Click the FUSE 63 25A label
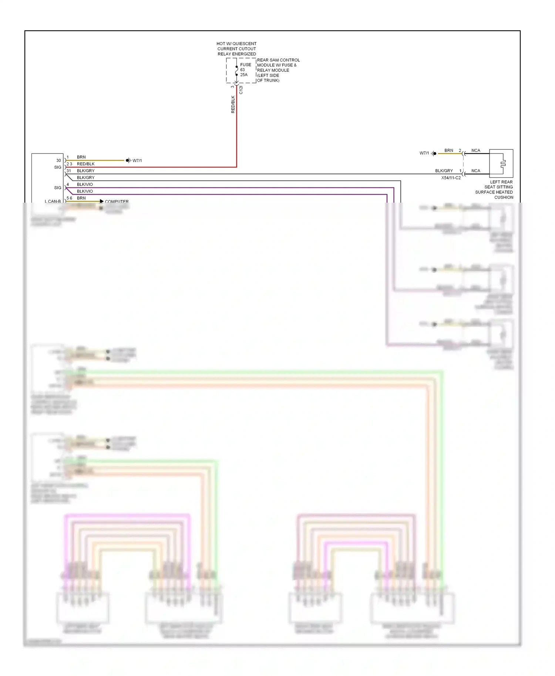click(245, 70)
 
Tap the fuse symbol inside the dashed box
click(237, 71)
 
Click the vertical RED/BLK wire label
click(233, 104)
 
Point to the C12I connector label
click(241, 90)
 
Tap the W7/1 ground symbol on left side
click(128, 160)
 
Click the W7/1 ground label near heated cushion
click(424, 153)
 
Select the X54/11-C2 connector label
click(451, 178)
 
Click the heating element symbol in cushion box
click(502, 163)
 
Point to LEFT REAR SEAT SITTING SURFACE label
click(494, 190)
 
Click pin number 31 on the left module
click(69, 171)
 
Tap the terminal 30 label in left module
click(58, 160)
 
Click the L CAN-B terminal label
click(53, 202)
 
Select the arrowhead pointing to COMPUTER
click(102, 201)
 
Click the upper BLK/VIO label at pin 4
click(85, 185)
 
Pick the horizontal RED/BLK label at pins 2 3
click(85, 164)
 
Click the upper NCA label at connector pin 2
click(476, 151)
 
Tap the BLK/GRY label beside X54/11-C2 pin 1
click(444, 171)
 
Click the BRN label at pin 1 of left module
click(81, 157)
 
